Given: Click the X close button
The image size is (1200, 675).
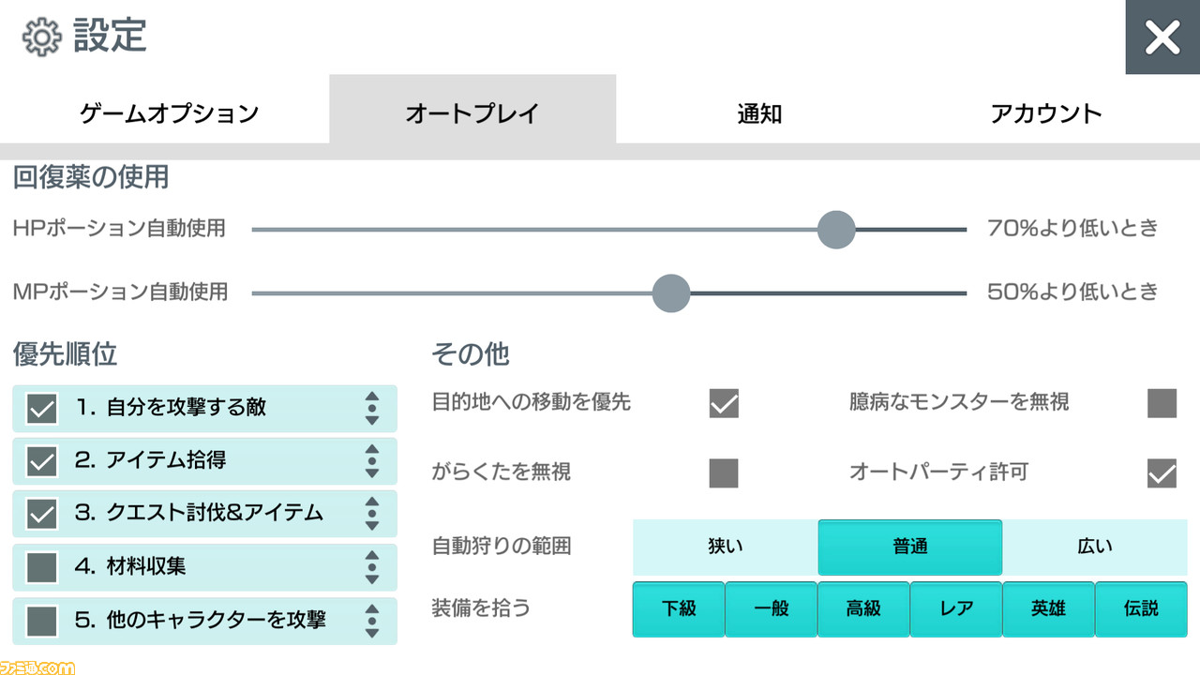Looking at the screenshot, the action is pyautogui.click(x=1162, y=37).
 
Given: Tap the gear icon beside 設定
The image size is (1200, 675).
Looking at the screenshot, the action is pyautogui.click(x=42, y=37).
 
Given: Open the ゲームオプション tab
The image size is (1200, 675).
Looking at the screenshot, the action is pyautogui.click(x=170, y=113).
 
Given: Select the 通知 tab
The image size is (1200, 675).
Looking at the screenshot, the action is pyautogui.click(x=759, y=113).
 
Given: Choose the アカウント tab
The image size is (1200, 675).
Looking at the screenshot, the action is pyautogui.click(x=1045, y=113).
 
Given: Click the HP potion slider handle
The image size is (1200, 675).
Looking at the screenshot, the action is pyautogui.click(x=836, y=230).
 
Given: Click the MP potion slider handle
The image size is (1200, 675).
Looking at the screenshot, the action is pyautogui.click(x=671, y=293).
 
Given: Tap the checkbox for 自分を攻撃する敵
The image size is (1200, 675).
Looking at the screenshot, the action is pyautogui.click(x=42, y=409).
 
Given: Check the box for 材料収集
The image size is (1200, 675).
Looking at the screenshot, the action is pyautogui.click(x=42, y=568).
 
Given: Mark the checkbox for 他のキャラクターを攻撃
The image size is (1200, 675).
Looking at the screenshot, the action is pyautogui.click(x=42, y=621).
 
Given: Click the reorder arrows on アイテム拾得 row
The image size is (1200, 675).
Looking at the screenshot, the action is pyautogui.click(x=372, y=461).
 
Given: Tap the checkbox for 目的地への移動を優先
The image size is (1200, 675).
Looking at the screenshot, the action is pyautogui.click(x=724, y=403).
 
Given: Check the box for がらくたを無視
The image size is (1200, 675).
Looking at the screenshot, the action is pyautogui.click(x=724, y=473).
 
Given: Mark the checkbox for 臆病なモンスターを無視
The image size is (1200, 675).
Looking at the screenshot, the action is pyautogui.click(x=1162, y=403).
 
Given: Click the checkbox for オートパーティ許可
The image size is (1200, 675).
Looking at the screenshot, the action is pyautogui.click(x=1162, y=473).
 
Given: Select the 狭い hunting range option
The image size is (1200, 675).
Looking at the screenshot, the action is pyautogui.click(x=726, y=547).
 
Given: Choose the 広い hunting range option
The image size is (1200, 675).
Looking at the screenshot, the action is pyautogui.click(x=1094, y=547).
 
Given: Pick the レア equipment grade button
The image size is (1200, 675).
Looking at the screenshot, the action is pyautogui.click(x=955, y=609).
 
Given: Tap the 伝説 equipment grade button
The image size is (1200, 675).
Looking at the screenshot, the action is pyautogui.click(x=1141, y=609).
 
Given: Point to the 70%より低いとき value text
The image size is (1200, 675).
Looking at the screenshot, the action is pyautogui.click(x=1072, y=229).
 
